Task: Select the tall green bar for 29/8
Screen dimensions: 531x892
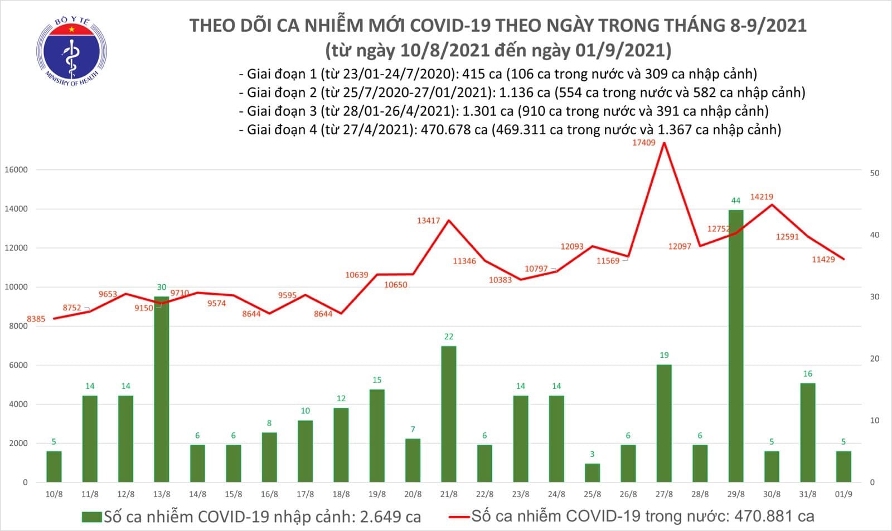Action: click(x=736, y=345)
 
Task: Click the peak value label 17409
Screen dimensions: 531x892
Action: click(x=644, y=143)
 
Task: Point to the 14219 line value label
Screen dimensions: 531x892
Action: click(x=762, y=197)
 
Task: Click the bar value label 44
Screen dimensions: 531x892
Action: click(x=736, y=201)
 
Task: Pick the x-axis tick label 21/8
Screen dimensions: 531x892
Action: click(x=449, y=494)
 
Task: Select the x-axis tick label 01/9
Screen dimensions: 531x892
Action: click(x=843, y=494)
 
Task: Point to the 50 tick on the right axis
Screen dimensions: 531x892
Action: click(x=875, y=173)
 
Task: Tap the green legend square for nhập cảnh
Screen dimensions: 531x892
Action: click(x=91, y=517)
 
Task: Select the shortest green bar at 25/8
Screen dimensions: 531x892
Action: click(x=593, y=472)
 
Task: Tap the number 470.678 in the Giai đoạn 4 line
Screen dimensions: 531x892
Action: click(x=459, y=130)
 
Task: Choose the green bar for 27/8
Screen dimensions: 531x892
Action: click(x=664, y=423)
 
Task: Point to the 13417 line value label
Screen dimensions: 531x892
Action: click(x=428, y=221)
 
